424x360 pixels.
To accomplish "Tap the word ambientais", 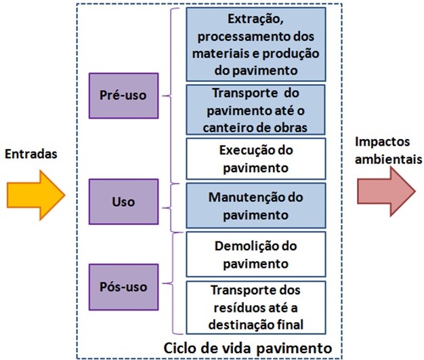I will pyautogui.click(x=383, y=160).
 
